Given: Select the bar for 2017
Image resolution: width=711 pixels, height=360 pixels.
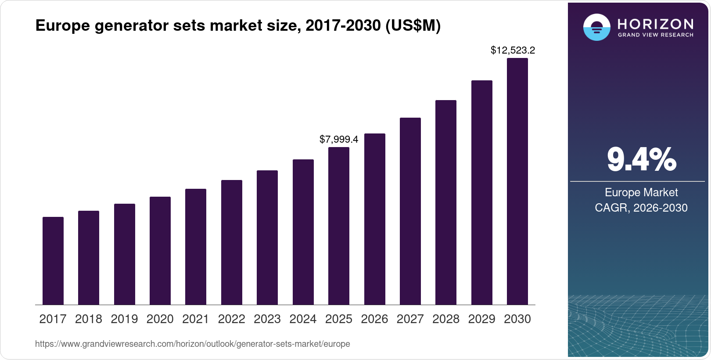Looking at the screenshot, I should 53,261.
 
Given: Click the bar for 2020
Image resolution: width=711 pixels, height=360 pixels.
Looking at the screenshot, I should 160,251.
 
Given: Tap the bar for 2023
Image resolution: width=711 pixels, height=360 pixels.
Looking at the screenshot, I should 267,238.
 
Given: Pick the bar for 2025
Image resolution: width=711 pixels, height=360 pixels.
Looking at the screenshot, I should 339,226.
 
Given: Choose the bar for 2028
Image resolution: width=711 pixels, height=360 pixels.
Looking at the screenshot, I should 446,202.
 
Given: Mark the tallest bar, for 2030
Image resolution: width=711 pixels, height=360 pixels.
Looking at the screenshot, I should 517,181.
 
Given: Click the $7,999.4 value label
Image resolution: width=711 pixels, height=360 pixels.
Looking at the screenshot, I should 339,140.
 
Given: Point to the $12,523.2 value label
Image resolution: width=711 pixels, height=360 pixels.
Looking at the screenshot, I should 513,50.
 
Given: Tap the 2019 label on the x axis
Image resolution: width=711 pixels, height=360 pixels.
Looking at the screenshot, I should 124,319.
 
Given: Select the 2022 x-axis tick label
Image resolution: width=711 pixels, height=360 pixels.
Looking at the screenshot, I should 231,319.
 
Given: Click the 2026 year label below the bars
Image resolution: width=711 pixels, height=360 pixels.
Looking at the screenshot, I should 374,319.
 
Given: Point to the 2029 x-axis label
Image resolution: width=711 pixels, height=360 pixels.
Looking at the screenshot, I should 481,319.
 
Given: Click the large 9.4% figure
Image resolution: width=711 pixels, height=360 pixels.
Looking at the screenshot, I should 641,160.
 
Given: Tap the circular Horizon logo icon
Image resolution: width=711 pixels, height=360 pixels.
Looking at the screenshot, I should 596,27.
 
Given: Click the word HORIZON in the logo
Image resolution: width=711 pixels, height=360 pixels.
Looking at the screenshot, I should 655,24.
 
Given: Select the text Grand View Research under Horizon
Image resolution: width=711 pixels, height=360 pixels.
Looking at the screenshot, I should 655,35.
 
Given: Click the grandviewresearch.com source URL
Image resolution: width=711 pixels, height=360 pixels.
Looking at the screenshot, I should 192,344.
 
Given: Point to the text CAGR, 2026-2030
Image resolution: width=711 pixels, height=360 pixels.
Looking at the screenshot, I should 641,208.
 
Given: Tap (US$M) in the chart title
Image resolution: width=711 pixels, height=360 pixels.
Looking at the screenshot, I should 413,26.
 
